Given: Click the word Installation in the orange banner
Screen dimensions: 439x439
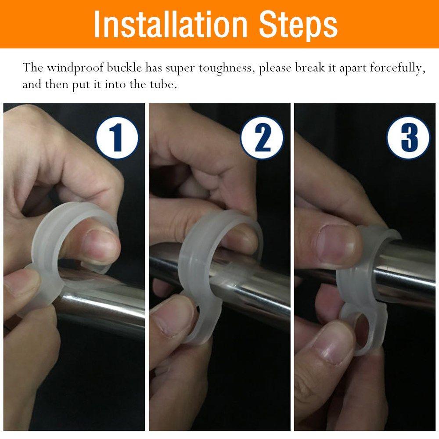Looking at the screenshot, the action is pyautogui.click(x=170, y=25).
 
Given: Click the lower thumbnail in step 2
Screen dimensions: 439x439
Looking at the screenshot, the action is pyautogui.click(x=173, y=317).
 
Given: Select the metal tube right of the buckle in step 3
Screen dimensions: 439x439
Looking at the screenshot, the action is pyautogui.click(x=406, y=269).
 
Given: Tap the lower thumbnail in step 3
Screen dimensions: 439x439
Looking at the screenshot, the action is pyautogui.click(x=333, y=343).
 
